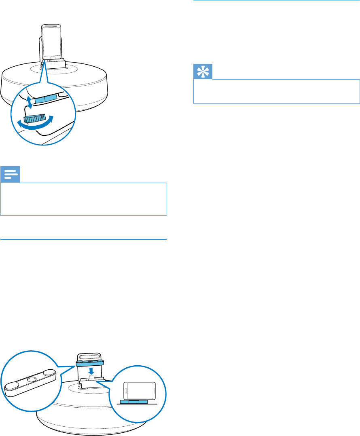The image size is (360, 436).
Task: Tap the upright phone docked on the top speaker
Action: (51, 42)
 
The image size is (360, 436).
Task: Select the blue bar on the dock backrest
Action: (91, 364)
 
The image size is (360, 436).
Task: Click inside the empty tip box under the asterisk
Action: (277, 91)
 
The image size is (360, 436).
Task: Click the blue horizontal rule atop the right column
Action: (276, 1)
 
